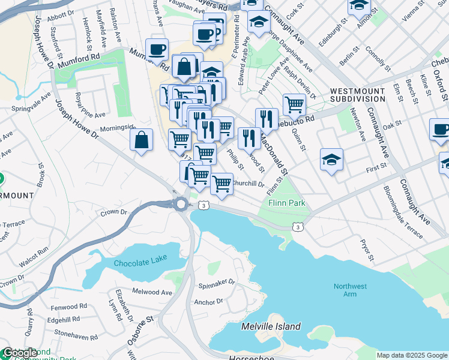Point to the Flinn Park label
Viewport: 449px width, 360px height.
tap(287, 203)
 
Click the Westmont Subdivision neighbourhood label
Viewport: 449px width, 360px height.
tap(358, 95)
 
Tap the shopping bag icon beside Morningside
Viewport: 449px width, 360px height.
tap(141, 140)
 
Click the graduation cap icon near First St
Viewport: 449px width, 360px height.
tap(331, 160)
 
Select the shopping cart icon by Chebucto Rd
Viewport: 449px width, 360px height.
tap(294, 104)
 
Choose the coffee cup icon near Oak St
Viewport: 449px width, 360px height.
tap(440, 130)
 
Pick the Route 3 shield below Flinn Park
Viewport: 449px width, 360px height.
tap(297, 227)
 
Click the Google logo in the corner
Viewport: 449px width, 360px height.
tap(20, 353)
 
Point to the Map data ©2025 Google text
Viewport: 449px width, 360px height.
tap(412, 355)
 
